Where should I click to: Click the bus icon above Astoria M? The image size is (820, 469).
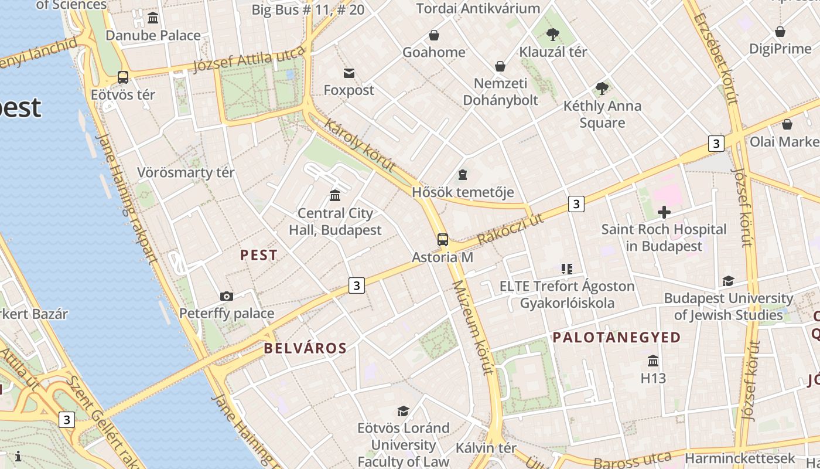coord(443,239)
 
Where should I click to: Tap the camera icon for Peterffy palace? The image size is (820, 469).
coord(227,296)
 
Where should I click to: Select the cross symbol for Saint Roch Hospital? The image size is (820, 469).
coord(664,212)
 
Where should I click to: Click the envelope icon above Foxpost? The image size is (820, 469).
coord(349,73)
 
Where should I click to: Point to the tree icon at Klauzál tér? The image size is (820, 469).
coord(552,35)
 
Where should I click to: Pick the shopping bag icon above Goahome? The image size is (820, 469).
coord(434,35)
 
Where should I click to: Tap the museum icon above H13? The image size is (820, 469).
coord(653,361)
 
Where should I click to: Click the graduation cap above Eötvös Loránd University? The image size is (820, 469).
coord(403,410)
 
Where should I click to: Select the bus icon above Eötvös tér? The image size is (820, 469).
coord(123,77)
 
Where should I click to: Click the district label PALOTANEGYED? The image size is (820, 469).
coord(617,337)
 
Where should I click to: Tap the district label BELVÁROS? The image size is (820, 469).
coord(305,348)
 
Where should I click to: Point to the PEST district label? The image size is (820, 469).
coord(259,255)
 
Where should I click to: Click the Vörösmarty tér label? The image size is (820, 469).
coord(186,172)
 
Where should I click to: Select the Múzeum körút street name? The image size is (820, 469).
coord(472,326)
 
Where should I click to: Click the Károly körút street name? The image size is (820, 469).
coord(360,146)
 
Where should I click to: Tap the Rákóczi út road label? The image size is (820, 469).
coord(510,229)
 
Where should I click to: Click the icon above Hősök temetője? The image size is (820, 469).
coord(463,175)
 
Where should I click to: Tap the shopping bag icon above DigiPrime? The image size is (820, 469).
coord(780,31)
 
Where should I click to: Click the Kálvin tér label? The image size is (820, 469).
coord(486,448)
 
